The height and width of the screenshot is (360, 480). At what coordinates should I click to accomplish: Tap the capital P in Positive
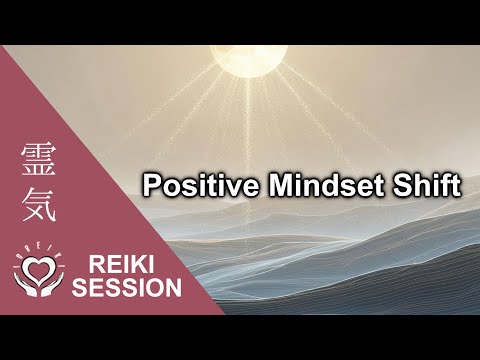pos(150,187)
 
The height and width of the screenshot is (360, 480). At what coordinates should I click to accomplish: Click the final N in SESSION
pos(173,289)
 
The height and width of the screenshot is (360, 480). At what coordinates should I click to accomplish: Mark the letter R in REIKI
pos(95,267)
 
